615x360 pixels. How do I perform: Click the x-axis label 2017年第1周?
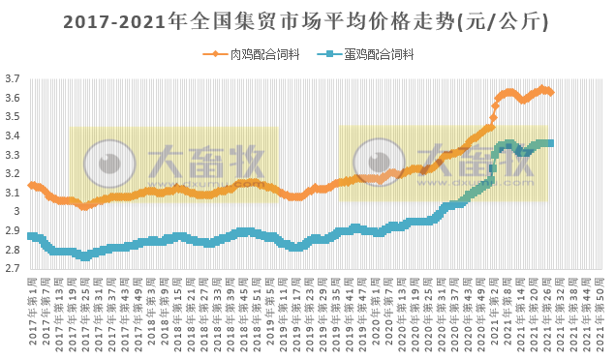pos(32,310)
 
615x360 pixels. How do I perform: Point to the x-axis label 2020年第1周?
pos(377,310)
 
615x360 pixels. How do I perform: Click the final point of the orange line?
pos(550,93)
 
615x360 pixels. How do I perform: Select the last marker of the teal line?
pos(550,143)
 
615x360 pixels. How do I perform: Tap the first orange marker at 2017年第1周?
pos(31,185)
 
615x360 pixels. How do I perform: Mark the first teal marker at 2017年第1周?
pos(31,236)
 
